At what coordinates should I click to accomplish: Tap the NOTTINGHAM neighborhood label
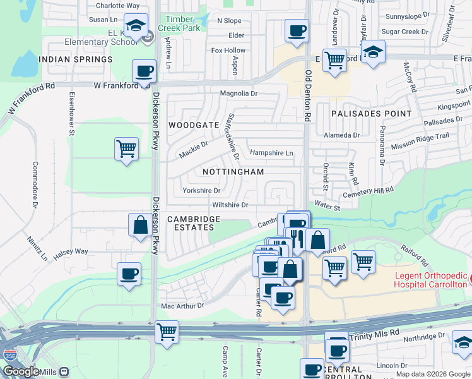[x=233, y=172]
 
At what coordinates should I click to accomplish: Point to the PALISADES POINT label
[x=371, y=114]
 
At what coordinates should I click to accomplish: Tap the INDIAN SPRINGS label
[x=75, y=59]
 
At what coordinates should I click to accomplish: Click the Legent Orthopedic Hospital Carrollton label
[x=431, y=280]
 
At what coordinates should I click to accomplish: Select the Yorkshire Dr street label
[x=201, y=190]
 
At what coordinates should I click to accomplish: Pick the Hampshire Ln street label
[x=271, y=153]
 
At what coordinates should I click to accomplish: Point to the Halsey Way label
[x=71, y=251]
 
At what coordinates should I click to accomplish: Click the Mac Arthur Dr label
[x=183, y=306]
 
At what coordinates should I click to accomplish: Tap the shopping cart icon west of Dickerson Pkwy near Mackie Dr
[x=126, y=149]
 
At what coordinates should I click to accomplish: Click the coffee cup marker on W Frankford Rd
[x=145, y=71]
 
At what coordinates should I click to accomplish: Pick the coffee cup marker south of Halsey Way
[x=129, y=274]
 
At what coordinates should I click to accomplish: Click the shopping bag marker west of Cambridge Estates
[x=139, y=225]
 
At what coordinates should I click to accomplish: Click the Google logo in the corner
[x=20, y=371]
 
